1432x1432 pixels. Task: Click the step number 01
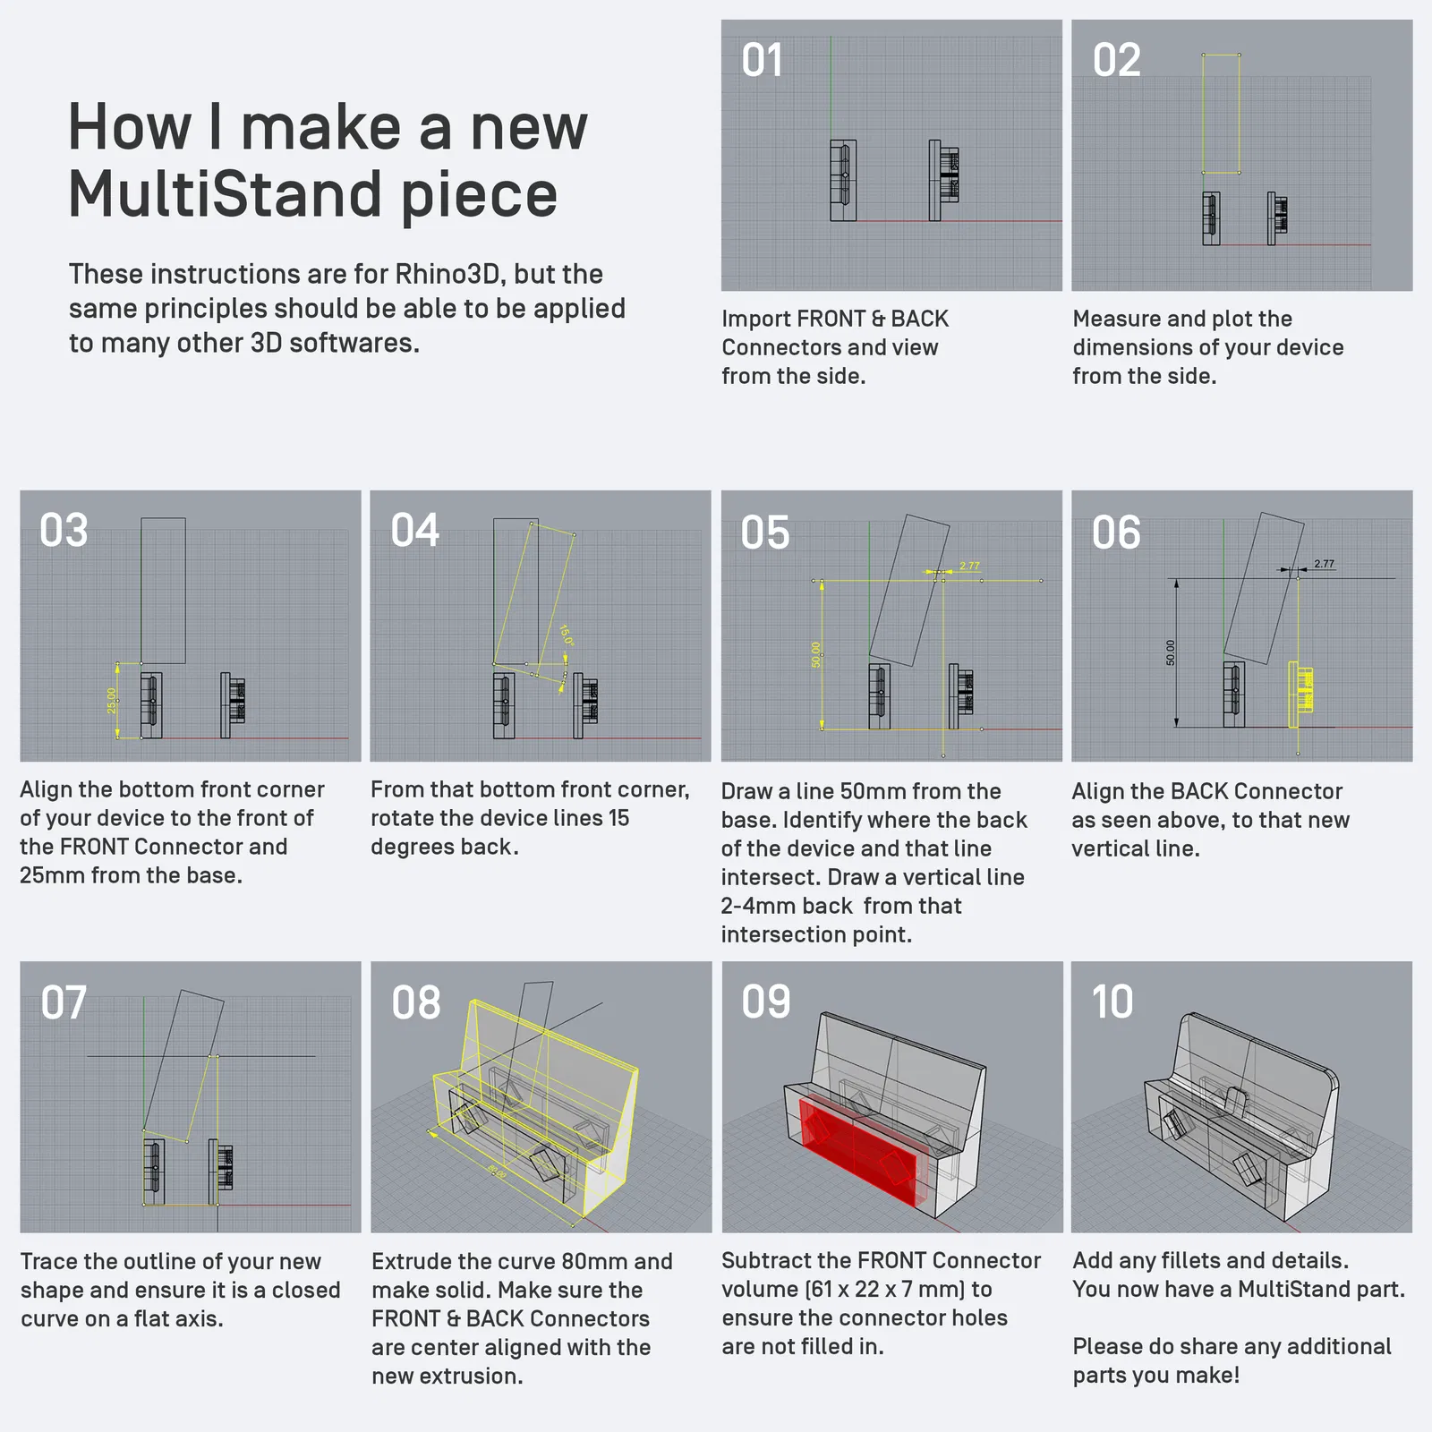762,60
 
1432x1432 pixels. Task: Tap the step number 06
1115,533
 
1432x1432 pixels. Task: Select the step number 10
1112,1002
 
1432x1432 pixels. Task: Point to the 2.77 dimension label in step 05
969,566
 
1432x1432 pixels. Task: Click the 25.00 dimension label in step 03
112,701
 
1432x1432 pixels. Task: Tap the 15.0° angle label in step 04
566,635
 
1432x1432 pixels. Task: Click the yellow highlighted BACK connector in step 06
1300,694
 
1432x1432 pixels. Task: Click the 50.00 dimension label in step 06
1171,652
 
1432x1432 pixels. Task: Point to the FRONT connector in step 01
843,180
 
